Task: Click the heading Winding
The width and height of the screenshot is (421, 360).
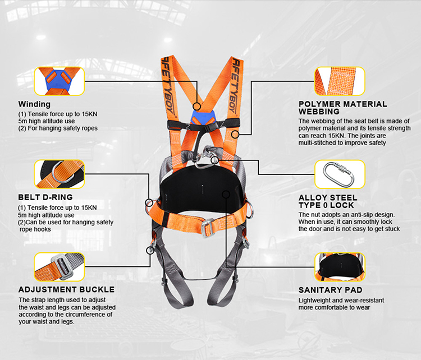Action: pos(34,104)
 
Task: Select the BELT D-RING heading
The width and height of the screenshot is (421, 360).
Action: pos(45,197)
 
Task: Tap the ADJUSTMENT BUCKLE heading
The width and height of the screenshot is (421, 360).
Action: pos(67,289)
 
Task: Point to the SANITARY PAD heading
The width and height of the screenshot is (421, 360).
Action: pos(330,290)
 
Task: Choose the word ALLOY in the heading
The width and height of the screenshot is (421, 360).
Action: pos(313,198)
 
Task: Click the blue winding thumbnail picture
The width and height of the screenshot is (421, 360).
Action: pos(60,81)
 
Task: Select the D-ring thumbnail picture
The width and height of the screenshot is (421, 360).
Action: pos(60,174)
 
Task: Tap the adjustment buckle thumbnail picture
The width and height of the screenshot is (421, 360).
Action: pos(60,267)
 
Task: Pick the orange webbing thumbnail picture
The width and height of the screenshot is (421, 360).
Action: pos(340,81)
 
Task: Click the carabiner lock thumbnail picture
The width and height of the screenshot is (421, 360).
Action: pos(340,174)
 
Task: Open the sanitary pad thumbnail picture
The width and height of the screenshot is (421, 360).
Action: pos(340,267)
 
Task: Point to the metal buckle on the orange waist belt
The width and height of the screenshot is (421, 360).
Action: pos(207,228)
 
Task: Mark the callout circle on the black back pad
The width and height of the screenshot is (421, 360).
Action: pos(226,195)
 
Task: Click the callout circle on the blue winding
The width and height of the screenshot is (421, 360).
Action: pos(197,107)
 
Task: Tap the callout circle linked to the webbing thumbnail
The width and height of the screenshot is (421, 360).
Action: pos(235,135)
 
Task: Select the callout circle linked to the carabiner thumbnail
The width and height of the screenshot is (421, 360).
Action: pos(214,160)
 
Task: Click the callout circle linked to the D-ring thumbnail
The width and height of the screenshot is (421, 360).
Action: pos(149,202)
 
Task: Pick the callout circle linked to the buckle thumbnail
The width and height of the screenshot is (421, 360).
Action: pos(150,251)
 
